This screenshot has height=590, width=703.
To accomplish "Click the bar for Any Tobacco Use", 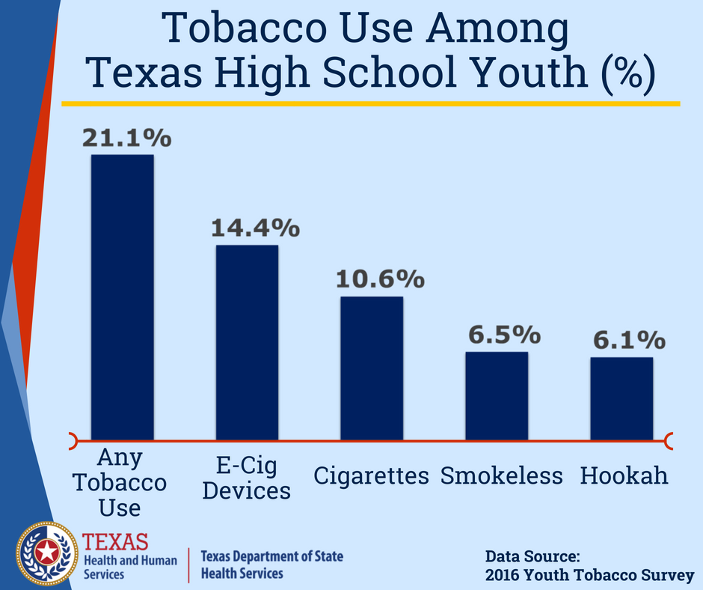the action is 123,297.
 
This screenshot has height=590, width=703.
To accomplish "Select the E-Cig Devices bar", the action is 247,343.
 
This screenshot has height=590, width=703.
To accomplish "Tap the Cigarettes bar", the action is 372,368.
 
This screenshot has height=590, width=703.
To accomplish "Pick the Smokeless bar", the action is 497,396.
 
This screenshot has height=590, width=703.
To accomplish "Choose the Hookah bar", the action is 621,399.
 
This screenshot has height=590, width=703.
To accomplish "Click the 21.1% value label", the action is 127,138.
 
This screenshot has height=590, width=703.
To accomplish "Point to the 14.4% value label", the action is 256,228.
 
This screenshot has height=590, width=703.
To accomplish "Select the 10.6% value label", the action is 380,279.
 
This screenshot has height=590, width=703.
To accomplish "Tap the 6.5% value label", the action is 505,335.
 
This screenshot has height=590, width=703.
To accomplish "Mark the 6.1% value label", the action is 630,340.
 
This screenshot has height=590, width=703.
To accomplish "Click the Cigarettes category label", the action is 371,475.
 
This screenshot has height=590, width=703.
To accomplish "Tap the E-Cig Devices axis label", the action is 247,478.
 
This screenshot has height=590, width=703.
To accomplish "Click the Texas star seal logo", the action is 47,553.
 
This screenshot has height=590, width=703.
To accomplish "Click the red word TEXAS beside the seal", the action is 115,542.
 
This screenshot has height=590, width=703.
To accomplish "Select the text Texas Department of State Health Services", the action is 271,565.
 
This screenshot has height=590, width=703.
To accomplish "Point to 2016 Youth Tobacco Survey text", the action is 589,575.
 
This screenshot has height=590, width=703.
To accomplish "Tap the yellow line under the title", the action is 371,104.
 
